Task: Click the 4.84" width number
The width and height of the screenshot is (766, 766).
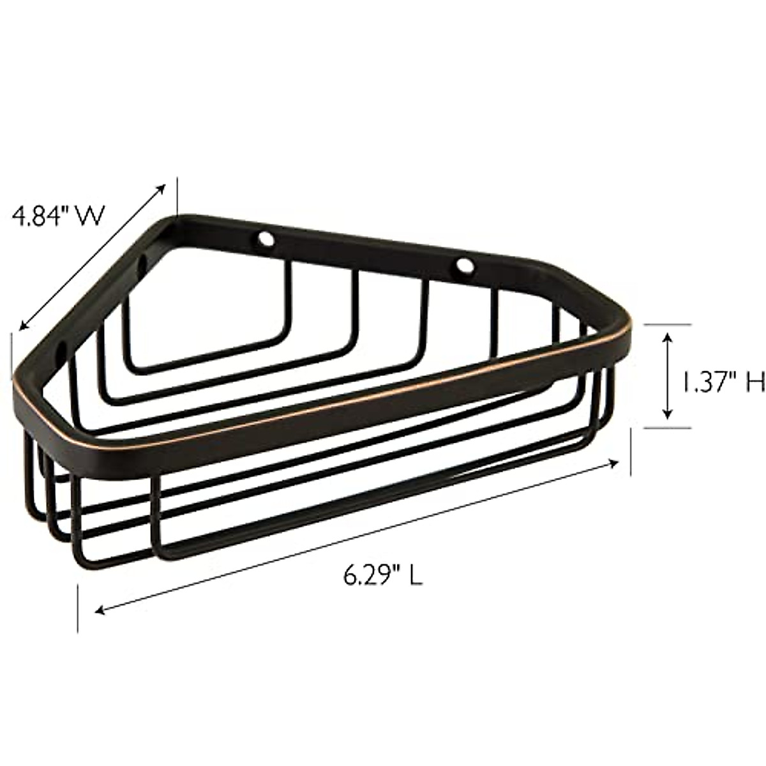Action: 43,216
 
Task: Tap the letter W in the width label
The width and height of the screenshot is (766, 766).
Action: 91,216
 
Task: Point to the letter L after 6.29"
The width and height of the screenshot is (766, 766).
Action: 415,576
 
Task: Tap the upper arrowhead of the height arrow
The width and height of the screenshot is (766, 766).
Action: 668,334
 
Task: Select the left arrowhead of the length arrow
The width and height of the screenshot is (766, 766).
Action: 100,612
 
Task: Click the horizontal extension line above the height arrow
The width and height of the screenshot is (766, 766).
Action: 667,325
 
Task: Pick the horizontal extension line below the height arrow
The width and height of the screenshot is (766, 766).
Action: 667,427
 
